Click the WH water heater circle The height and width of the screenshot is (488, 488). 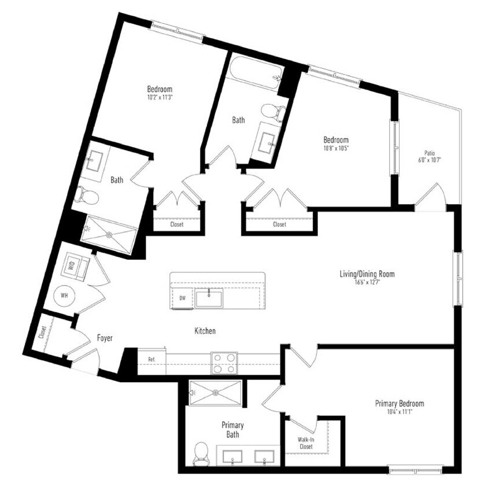pos(65,295)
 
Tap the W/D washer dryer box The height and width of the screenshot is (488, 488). pos(74,266)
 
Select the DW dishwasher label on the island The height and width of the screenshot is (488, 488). pos(182,298)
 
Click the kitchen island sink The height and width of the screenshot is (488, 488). pos(208,298)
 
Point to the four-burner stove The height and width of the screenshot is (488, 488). pos(224,363)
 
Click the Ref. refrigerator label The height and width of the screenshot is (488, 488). pos(151,359)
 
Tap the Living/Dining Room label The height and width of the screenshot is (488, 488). pos(367,273)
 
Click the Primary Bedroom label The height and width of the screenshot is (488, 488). pos(400,403)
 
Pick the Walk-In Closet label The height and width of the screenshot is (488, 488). pos(305,442)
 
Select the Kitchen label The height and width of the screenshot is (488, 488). pos(205,331)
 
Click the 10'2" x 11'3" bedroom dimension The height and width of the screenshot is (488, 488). pos(160,98)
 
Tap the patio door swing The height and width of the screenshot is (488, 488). pos(431,197)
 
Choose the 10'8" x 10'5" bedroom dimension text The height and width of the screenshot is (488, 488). pos(335,148)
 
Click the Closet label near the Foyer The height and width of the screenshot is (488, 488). pos(42,332)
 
